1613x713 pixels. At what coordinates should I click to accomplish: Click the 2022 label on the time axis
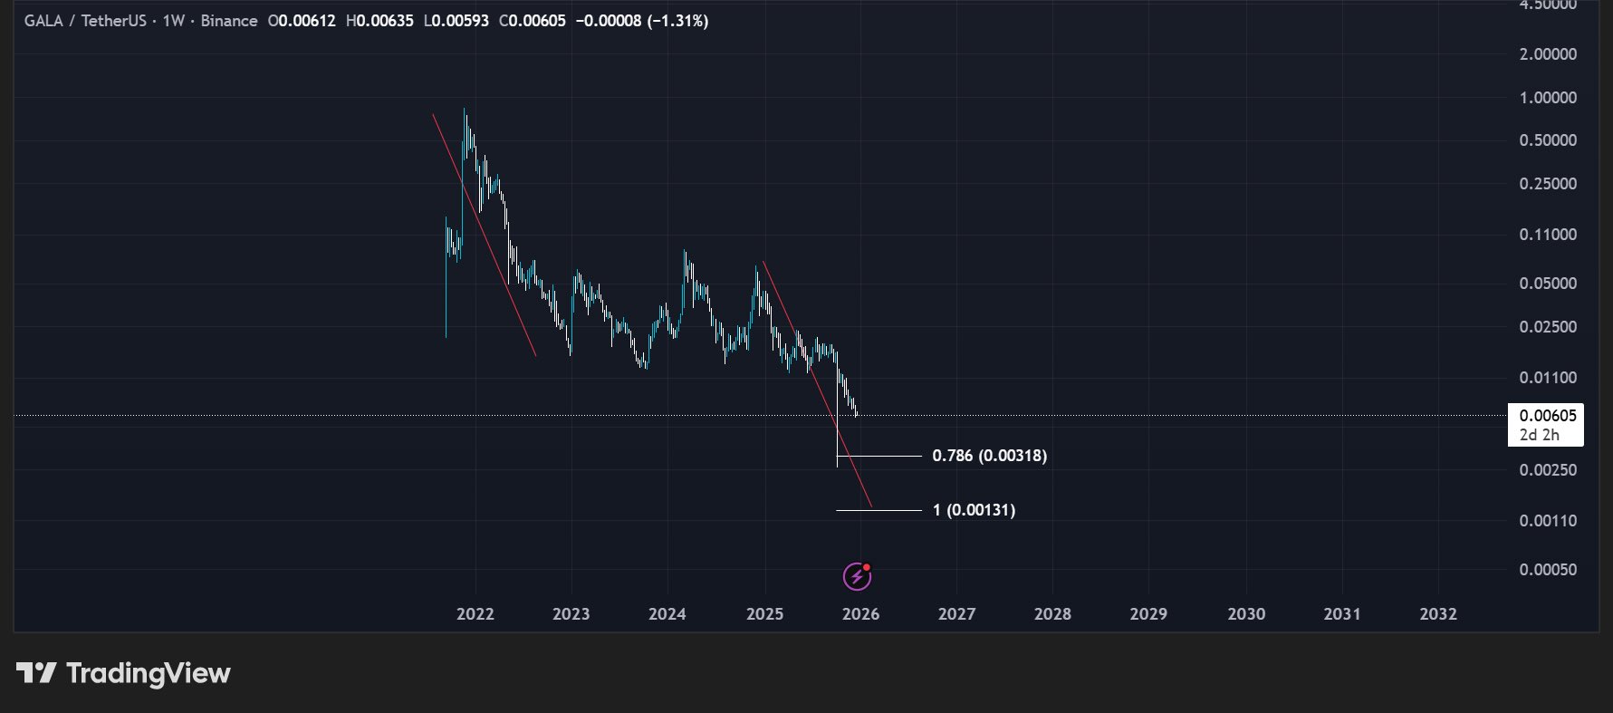coord(475,614)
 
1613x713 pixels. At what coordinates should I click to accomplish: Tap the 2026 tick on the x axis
coord(860,614)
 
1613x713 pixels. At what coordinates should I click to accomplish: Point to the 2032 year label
coord(1438,614)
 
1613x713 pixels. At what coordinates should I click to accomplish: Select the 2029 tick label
coord(1148,614)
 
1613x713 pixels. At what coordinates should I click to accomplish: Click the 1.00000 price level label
coord(1548,98)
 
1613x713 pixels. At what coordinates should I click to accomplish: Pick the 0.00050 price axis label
coord(1548,570)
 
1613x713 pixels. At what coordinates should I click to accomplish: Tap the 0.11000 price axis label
coord(1548,235)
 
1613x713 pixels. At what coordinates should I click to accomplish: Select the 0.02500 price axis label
coord(1548,327)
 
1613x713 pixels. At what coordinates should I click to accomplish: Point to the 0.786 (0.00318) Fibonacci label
coord(989,456)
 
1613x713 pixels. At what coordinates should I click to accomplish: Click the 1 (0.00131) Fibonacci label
coord(974,510)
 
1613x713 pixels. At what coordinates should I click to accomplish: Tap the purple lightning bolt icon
coord(857,575)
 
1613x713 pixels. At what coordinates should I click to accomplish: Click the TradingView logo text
coord(149,674)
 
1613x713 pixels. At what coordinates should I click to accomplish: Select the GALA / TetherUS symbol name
coord(85,21)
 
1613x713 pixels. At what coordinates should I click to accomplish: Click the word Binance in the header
coord(229,21)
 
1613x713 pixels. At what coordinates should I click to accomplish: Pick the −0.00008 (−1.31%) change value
coord(642,21)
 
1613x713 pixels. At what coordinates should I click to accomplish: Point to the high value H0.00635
coord(379,21)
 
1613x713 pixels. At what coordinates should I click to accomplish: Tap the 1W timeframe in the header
coord(174,21)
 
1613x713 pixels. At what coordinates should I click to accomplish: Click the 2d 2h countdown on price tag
coord(1539,435)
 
